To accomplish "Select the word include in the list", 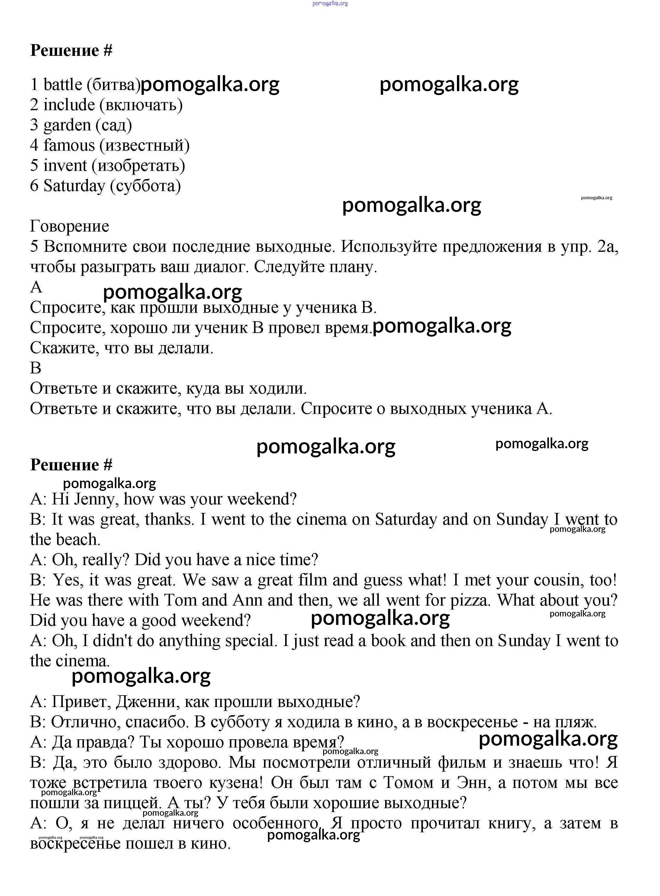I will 69,105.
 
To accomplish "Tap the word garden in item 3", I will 67,125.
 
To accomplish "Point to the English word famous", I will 69,145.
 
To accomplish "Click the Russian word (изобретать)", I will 138,166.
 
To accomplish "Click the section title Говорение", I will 69,226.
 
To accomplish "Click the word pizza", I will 470,600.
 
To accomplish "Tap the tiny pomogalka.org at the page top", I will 330,3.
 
